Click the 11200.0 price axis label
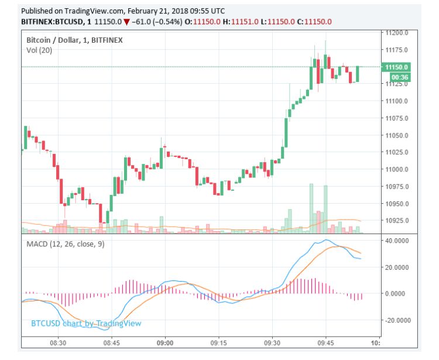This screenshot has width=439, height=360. pos(396,33)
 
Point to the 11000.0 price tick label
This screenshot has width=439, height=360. pos(396,170)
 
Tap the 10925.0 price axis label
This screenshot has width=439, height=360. pos(396,221)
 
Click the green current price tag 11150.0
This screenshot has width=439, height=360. pos(396,67)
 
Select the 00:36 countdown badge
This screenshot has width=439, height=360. pos(399,77)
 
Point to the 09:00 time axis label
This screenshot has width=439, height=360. pos(165,343)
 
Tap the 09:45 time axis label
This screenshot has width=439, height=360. pos(326,343)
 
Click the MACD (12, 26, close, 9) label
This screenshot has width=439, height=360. pos(66,244)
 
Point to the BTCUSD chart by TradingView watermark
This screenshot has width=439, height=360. pos(85,323)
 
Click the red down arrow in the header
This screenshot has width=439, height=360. pos(126,22)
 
